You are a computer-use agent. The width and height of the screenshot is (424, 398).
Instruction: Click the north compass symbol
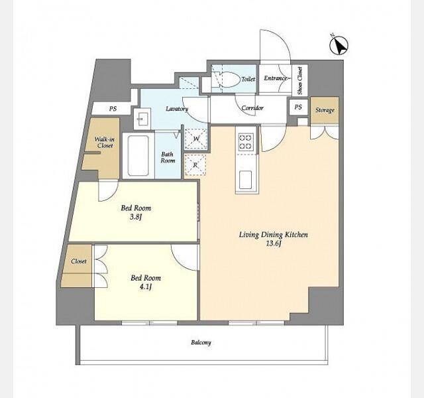pos(339,46)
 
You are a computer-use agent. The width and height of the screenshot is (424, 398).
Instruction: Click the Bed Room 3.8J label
pos(136,212)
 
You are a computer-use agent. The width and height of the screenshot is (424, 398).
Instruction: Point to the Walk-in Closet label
pos(104,142)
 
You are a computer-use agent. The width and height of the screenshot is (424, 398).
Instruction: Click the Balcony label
pos(201,342)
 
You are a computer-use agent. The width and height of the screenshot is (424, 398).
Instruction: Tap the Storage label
pos(325,110)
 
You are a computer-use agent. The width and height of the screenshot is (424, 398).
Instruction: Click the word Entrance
pos(275,79)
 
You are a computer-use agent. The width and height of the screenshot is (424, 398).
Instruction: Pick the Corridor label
pos(252,107)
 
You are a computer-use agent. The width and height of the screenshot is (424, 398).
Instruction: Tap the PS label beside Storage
pos(298,107)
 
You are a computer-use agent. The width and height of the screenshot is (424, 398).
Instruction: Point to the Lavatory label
pos(178,109)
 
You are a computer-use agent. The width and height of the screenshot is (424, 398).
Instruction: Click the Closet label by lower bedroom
pos(78,261)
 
